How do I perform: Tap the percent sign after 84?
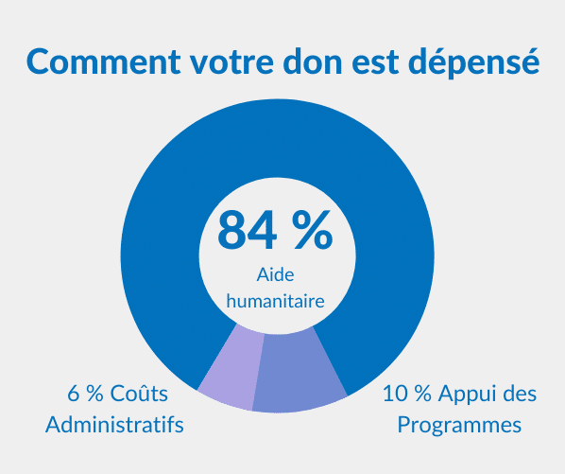pos(312,230)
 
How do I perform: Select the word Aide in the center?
pos(276,275)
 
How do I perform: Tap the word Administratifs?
pos(114,424)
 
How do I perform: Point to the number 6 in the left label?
pos(72,393)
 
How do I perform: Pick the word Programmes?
pos(459,426)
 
